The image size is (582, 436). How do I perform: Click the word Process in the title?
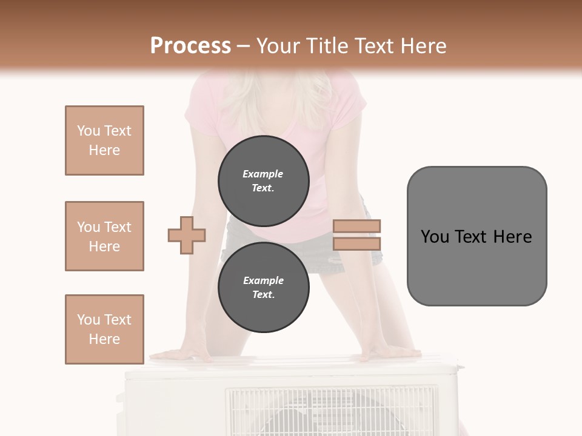(x=190, y=46)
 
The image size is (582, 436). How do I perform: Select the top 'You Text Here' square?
(x=104, y=140)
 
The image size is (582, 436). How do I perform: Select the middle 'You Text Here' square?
(x=104, y=236)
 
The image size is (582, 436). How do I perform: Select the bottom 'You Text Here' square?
(x=104, y=329)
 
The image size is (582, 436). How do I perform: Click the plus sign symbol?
(x=187, y=235)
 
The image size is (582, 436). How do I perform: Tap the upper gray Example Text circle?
(x=263, y=181)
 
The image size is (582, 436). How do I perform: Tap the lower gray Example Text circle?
(x=263, y=288)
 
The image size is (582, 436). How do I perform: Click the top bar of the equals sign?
(x=356, y=226)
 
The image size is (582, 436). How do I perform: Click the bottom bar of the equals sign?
(x=356, y=243)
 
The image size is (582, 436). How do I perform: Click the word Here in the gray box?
(x=512, y=237)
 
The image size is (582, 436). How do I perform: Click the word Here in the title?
(x=420, y=46)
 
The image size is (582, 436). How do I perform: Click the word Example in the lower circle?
(x=263, y=280)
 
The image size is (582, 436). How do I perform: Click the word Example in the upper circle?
(x=263, y=174)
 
